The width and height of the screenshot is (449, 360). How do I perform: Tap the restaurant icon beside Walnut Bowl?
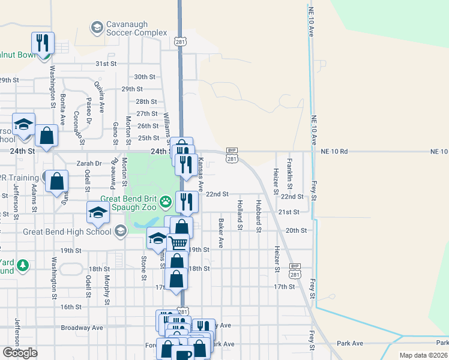[43, 43]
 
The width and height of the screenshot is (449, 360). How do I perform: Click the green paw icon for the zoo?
[164, 205]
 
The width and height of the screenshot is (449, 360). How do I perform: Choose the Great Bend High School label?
[66, 232]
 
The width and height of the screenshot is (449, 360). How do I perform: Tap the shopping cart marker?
[178, 243]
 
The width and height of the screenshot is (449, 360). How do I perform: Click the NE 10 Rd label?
[334, 152]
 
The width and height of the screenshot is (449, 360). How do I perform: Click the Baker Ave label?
[220, 233]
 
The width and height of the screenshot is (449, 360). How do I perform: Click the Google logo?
[20, 353]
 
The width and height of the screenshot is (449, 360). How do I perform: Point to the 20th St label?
[296, 230]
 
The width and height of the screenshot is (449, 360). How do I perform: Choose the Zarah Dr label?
[89, 163]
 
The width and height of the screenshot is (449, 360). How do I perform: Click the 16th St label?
[70, 307]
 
